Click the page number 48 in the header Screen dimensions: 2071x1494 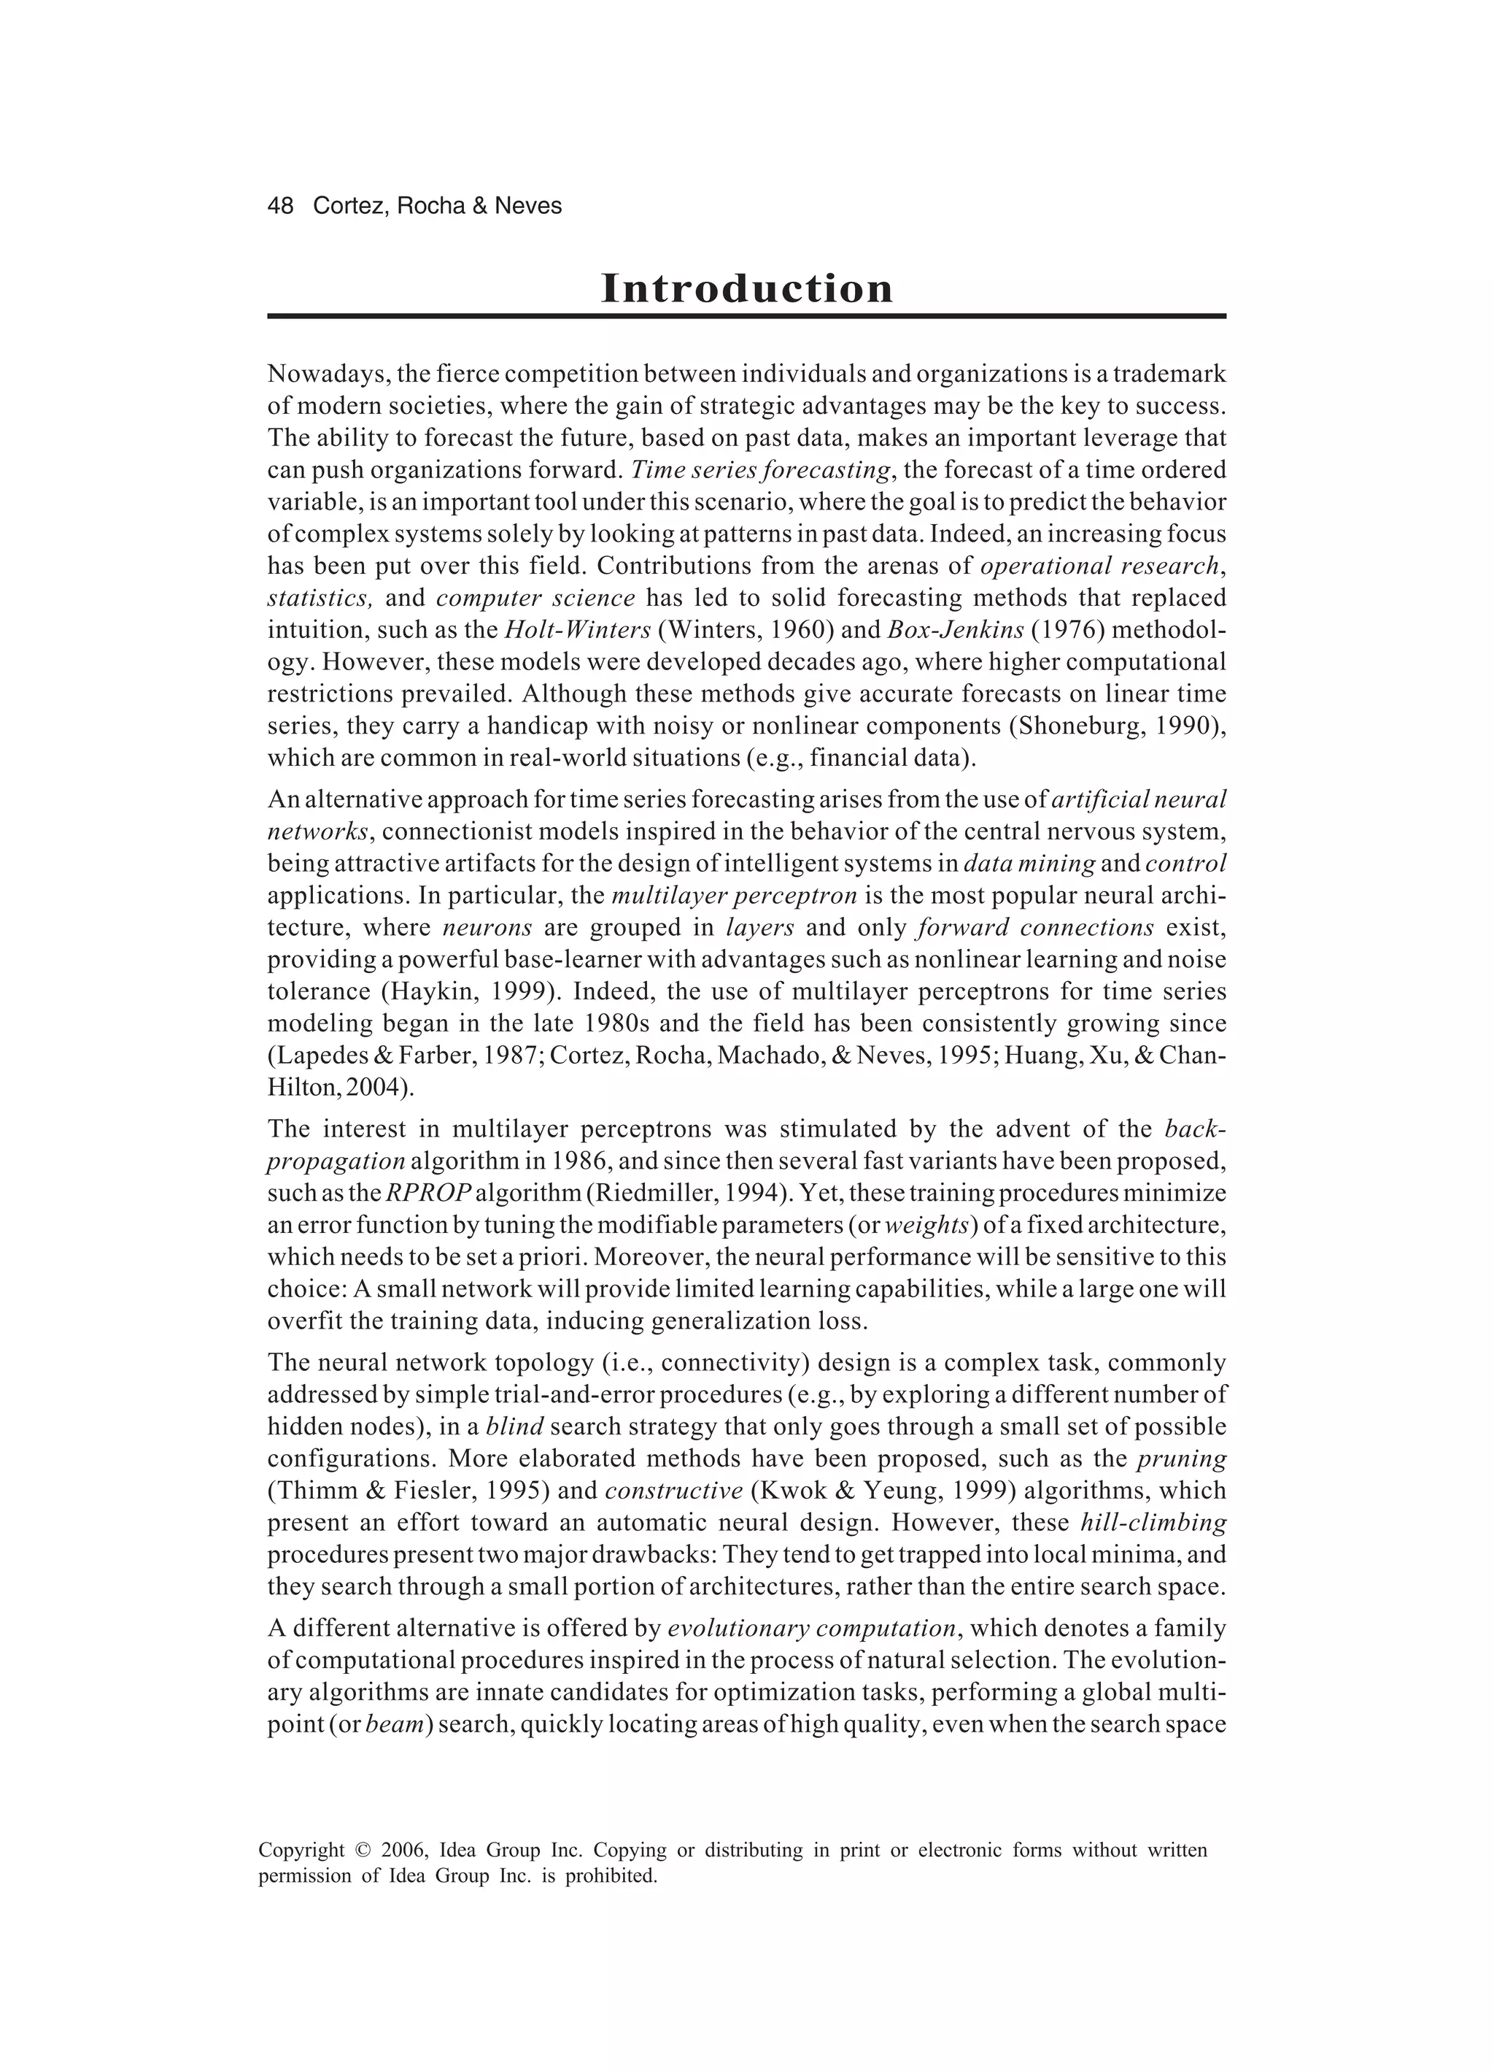[x=280, y=207]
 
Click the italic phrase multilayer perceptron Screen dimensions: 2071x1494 [x=734, y=895]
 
